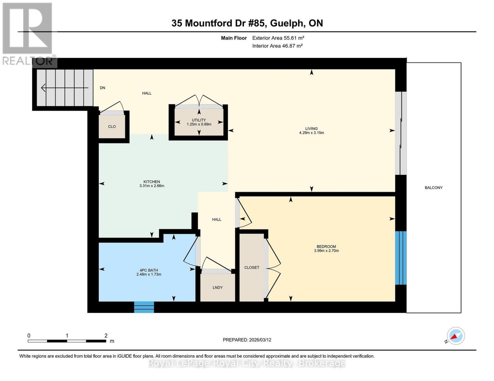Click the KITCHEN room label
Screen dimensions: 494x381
point(152,182)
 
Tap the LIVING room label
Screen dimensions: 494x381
point(312,129)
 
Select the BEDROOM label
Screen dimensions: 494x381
point(326,247)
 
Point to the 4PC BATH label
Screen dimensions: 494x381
point(149,270)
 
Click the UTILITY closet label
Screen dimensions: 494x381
point(199,120)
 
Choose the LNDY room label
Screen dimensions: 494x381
point(217,287)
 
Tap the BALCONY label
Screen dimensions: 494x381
point(434,188)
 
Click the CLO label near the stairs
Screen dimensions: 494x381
point(112,126)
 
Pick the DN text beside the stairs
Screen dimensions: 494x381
point(102,88)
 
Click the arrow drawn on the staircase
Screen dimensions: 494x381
point(65,88)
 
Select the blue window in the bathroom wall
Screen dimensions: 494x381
point(144,307)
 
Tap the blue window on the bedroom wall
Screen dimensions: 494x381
point(401,258)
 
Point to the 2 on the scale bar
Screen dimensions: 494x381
point(106,336)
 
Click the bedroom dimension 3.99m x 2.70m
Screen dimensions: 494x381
point(326,251)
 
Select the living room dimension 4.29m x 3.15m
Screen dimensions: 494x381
point(312,133)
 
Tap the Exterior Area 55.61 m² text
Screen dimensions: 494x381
point(278,38)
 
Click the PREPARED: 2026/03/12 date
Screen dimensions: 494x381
point(247,340)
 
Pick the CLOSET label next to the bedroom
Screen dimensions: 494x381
point(252,267)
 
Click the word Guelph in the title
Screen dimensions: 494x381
point(287,23)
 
